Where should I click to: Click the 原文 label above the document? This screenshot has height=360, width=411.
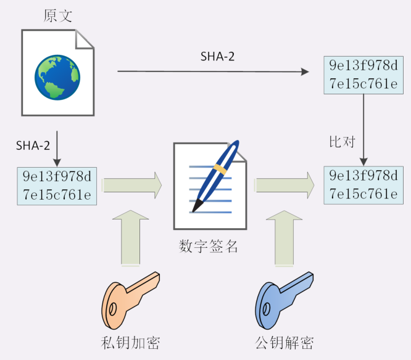coord(57,15)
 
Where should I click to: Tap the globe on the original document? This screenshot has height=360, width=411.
coord(57,77)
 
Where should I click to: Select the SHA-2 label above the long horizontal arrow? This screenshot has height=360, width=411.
coord(217,57)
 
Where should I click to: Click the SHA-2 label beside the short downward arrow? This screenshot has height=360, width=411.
coord(33,145)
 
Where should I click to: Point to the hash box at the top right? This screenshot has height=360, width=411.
coord(363,75)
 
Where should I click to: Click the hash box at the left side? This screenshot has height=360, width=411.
coord(57,186)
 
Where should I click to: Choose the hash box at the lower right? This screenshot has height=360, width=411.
coord(363,185)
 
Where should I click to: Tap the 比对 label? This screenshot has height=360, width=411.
coord(342,142)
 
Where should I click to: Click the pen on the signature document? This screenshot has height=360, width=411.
coord(216,176)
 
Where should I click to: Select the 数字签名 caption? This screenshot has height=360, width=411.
coord(208,247)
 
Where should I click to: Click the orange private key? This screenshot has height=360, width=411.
coord(130,301)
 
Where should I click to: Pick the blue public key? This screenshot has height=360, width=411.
coord(284,301)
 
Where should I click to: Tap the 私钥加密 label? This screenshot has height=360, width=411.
coord(130,343)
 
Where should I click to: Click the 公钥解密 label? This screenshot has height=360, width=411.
coord(284,343)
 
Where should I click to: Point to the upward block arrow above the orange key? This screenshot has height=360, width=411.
coord(130,238)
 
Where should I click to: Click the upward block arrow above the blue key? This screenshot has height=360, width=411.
coord(284,238)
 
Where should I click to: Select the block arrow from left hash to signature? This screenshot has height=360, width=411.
coord(132,185)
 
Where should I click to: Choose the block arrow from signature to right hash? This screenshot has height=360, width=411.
coord(284,185)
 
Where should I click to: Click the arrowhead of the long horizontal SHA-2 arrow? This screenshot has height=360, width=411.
coord(305,72)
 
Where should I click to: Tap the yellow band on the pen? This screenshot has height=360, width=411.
coord(220,169)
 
